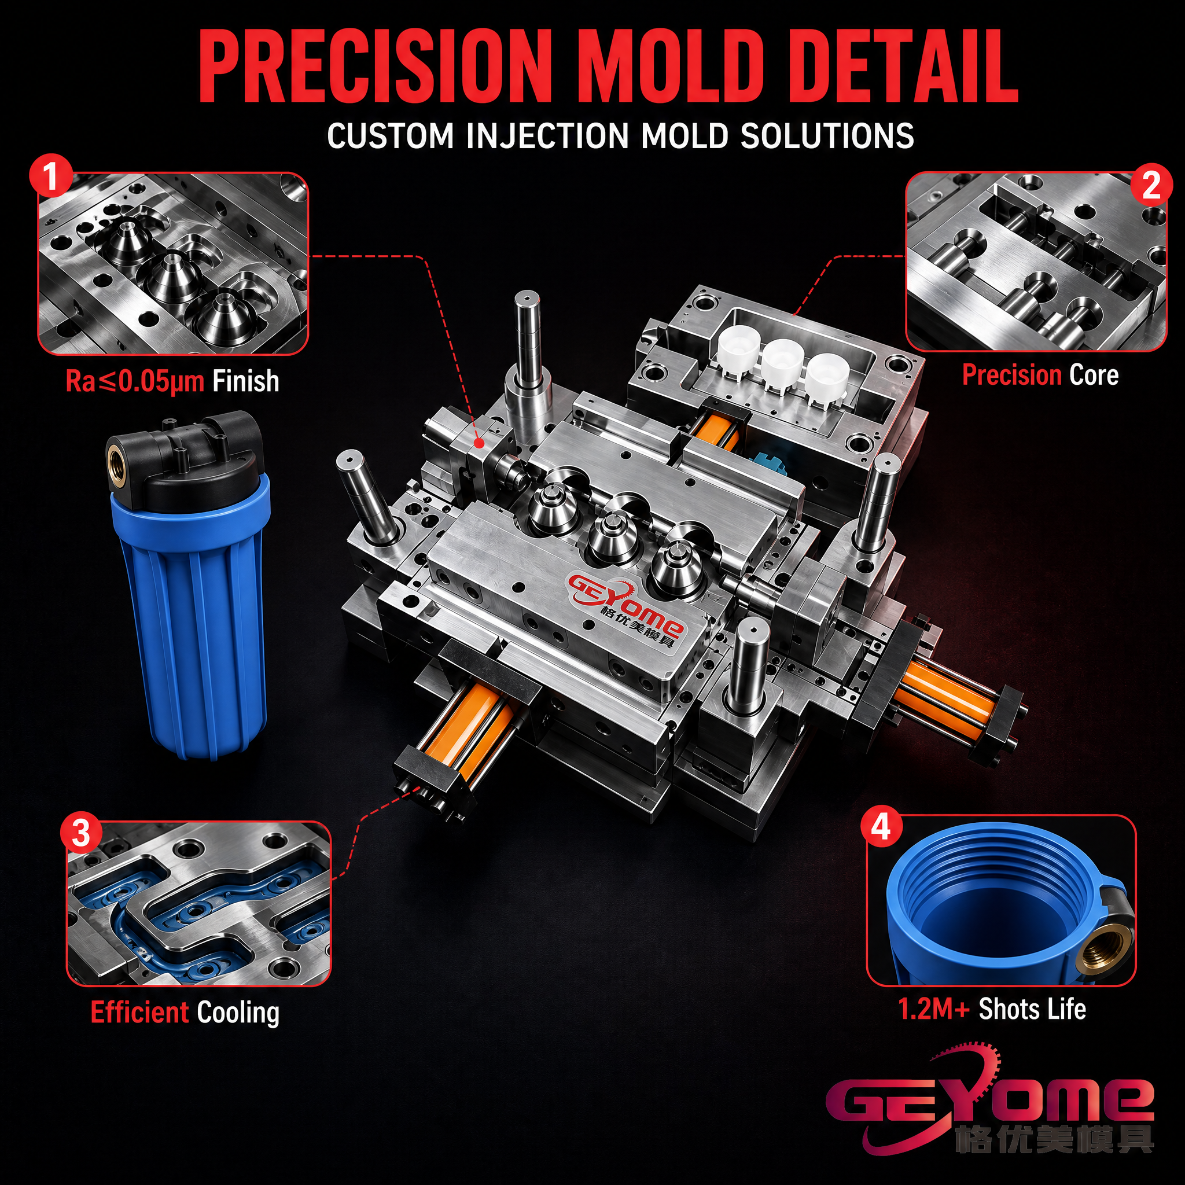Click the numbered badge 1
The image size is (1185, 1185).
(51, 175)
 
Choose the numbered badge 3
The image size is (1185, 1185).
(81, 834)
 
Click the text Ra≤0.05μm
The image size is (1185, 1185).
(135, 381)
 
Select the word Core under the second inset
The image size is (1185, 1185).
(1094, 375)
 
